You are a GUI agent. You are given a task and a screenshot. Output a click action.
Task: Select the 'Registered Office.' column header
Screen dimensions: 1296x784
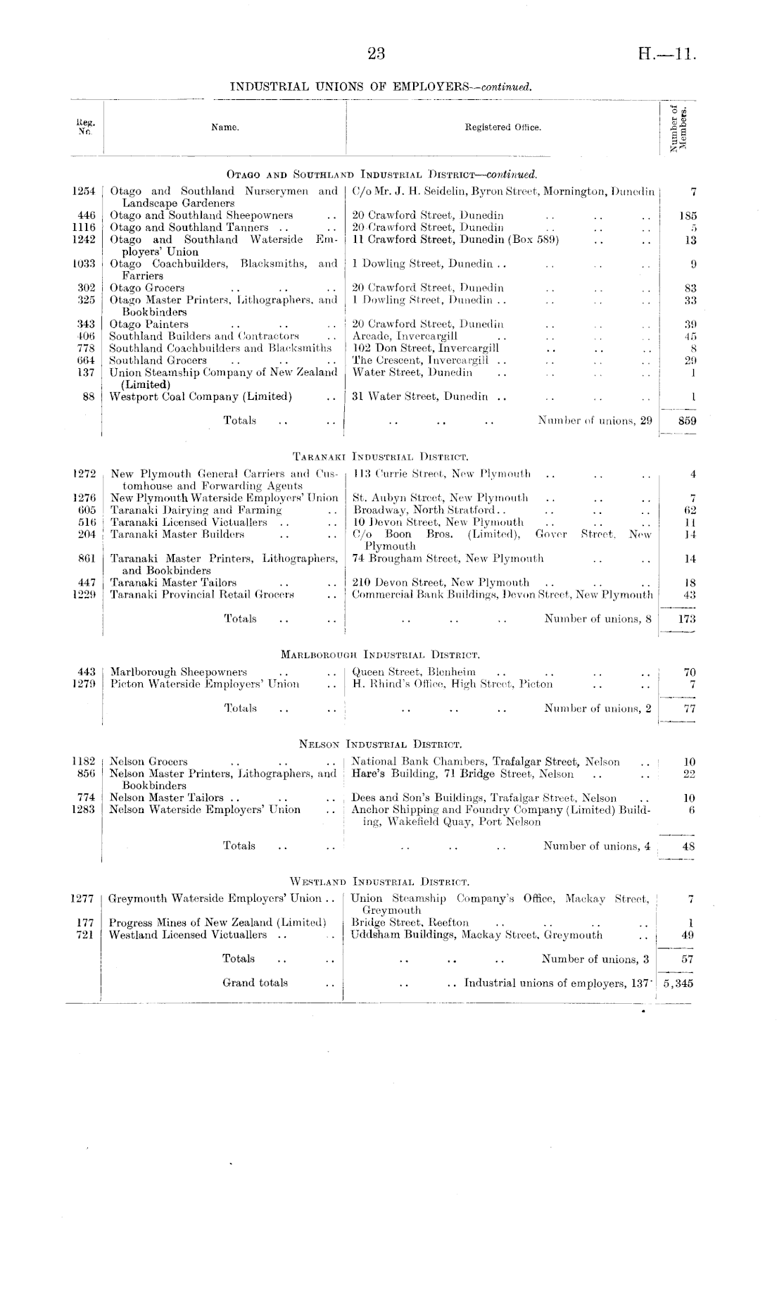502,127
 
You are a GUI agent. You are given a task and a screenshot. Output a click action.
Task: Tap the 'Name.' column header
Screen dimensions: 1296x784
225,127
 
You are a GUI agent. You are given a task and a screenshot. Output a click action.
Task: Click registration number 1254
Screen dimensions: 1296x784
84,191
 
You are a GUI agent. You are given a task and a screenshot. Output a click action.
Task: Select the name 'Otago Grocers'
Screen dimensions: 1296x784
147,287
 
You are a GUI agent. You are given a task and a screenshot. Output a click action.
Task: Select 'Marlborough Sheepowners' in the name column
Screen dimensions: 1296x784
179,672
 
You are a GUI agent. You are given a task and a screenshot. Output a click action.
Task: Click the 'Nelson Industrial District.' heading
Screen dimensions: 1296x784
380,743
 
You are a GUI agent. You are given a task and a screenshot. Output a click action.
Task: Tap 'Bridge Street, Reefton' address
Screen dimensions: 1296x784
410,922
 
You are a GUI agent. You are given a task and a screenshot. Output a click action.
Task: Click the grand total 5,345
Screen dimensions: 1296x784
678,983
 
